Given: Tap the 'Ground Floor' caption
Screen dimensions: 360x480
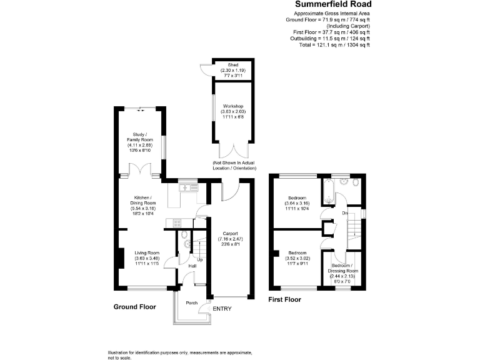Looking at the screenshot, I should coord(134,307).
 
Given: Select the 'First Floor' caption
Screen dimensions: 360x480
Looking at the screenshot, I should coord(284,299).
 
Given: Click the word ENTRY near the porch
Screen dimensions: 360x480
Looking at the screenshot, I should coord(222,309).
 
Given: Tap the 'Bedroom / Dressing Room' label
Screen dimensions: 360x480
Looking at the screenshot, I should coord(344,273).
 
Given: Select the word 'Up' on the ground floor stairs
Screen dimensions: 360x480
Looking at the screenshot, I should coord(200,259).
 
